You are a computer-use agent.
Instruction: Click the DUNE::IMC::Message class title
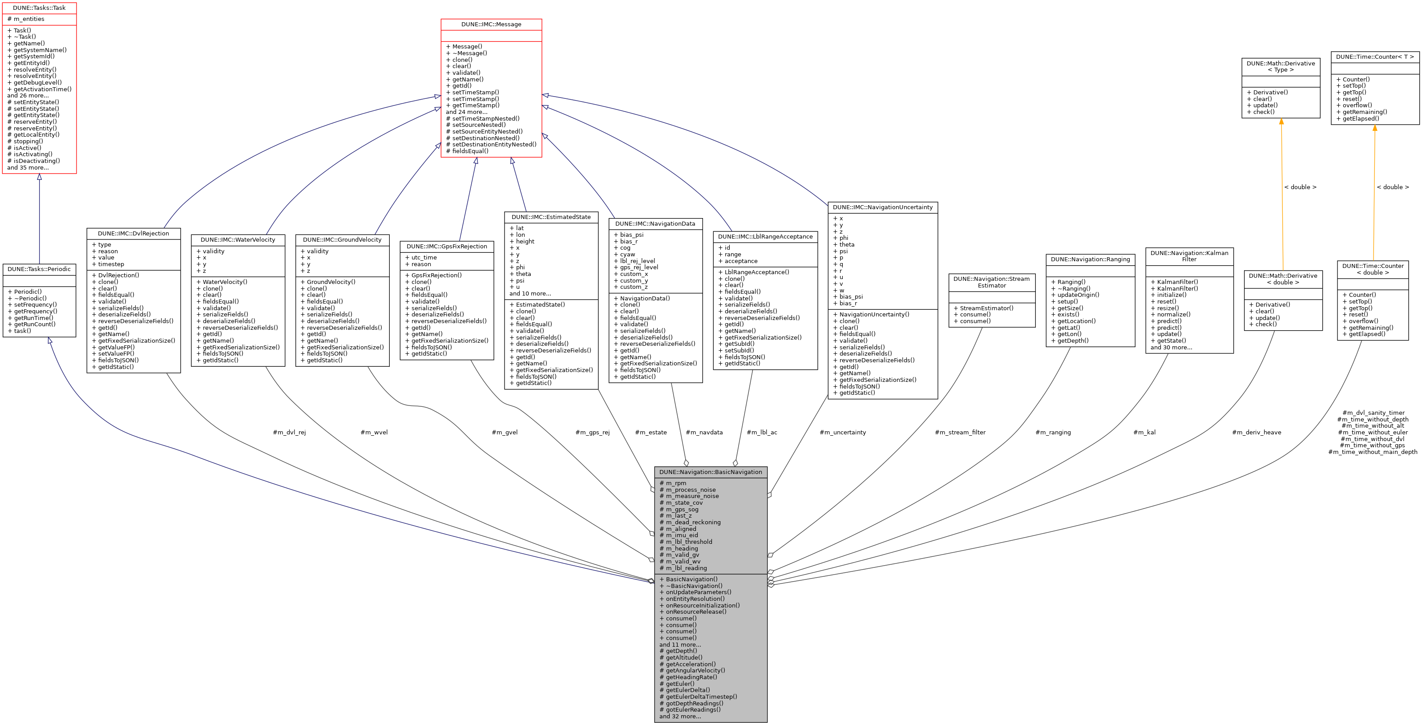[491, 24]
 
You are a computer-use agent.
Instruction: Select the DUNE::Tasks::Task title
[39, 8]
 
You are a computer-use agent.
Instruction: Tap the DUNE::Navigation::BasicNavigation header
[711, 472]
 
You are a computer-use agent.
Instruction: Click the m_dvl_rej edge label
[289, 432]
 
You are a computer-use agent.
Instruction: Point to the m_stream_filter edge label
[960, 432]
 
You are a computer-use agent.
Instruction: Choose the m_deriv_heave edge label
[1256, 432]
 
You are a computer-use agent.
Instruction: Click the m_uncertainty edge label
[842, 432]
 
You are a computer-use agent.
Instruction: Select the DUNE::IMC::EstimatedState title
[551, 217]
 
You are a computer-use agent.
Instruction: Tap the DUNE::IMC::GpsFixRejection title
[447, 246]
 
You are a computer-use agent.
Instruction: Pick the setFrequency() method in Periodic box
[35, 305]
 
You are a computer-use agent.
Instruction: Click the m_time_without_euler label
[1373, 432]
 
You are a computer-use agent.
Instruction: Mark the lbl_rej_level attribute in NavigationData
[638, 261]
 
